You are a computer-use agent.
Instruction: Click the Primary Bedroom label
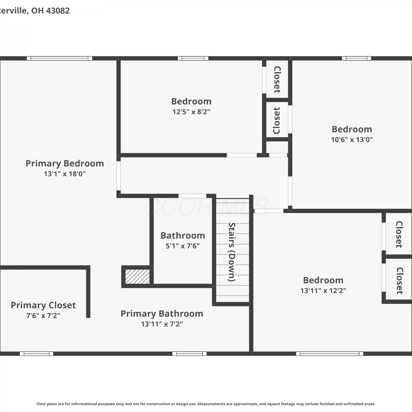coord(65,163)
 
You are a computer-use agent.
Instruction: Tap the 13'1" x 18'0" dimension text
coord(65,174)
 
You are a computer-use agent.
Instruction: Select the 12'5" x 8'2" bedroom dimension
coord(191,112)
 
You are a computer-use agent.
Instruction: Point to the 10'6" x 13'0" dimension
coord(352,140)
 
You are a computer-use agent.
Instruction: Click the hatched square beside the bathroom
coord(137,277)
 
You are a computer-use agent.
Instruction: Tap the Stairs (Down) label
coord(232,252)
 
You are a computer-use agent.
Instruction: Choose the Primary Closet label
coord(43,305)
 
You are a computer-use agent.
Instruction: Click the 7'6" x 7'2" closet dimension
coord(43,316)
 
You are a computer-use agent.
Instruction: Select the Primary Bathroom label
coord(162,314)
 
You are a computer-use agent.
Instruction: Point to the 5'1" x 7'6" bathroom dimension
coord(183,246)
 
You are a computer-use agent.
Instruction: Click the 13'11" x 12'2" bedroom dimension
coord(323,291)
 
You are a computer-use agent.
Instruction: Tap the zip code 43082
coord(58,10)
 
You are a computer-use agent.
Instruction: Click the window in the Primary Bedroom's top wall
coord(60,58)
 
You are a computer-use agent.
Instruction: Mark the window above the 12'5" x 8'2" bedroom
coord(193,58)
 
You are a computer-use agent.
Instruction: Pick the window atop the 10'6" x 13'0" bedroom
coord(357,58)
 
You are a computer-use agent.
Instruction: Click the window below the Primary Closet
coord(37,353)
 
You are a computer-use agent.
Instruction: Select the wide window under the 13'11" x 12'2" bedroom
coord(330,353)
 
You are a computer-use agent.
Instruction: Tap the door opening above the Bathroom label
coord(192,196)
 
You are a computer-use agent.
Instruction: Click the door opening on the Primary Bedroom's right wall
coord(119,176)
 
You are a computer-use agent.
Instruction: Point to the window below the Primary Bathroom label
coord(190,353)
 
